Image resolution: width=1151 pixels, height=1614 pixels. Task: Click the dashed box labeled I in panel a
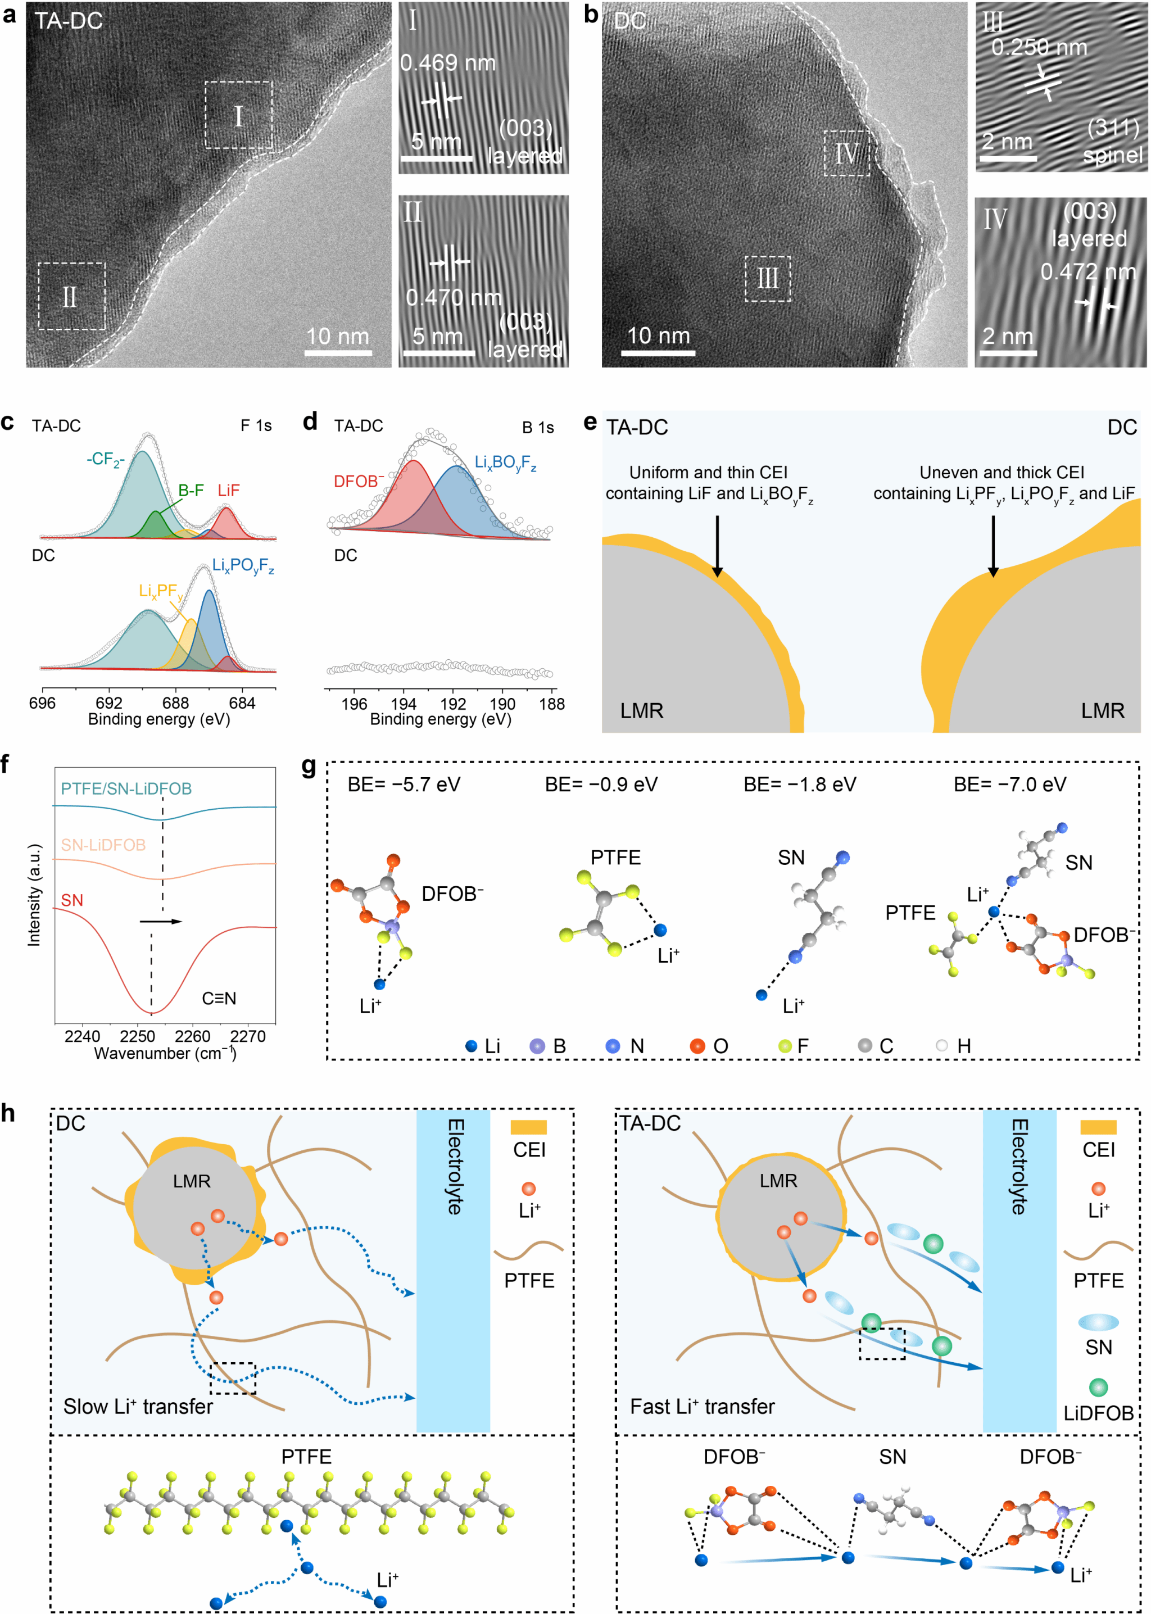tap(238, 115)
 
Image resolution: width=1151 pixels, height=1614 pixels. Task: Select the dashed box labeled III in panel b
tap(768, 278)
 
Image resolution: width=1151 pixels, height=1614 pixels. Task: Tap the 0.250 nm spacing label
tap(1039, 47)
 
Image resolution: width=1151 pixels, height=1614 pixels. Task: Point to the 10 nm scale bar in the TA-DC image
tap(338, 351)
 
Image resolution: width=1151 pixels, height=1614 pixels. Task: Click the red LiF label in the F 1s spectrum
tap(228, 490)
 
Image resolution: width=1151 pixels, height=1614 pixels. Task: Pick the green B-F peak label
tap(191, 490)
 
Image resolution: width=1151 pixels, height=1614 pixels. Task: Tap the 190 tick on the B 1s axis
tap(502, 704)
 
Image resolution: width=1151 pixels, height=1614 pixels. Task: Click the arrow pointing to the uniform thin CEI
tap(717, 546)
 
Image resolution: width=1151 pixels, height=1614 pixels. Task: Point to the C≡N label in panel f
tap(219, 998)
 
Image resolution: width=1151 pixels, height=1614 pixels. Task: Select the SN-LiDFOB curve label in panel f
tap(103, 845)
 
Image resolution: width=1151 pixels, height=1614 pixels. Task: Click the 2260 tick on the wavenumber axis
tap(192, 1036)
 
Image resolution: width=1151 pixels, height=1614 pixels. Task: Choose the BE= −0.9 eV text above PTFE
tap(601, 785)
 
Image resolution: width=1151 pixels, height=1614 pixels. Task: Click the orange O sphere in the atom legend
tap(697, 1046)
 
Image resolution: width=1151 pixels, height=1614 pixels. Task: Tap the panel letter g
tap(309, 766)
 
